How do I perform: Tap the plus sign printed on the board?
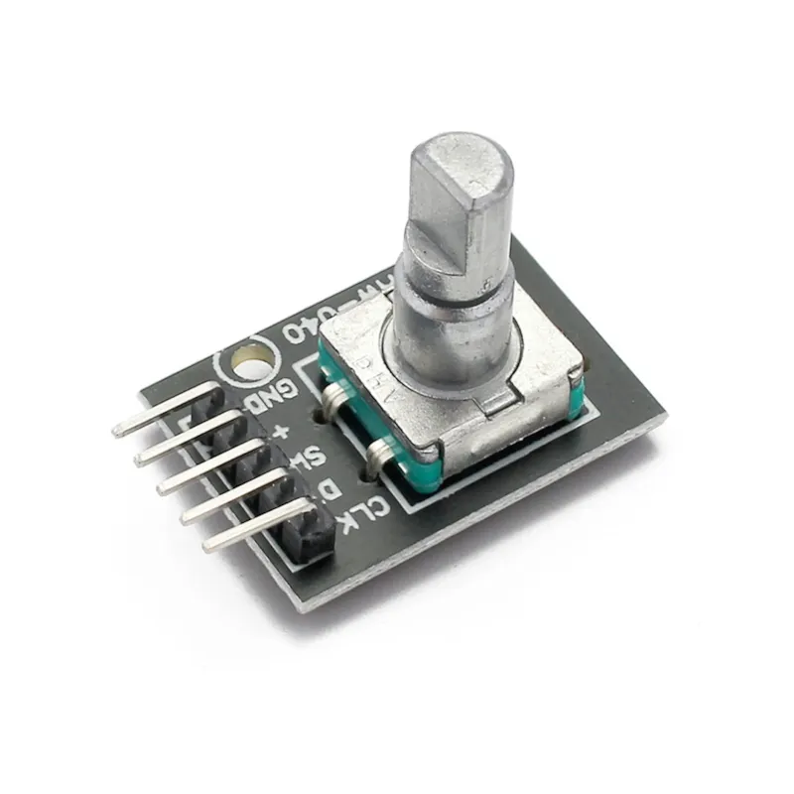click(285, 430)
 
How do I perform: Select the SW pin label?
click(312, 458)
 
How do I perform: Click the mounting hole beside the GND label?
click(248, 363)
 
